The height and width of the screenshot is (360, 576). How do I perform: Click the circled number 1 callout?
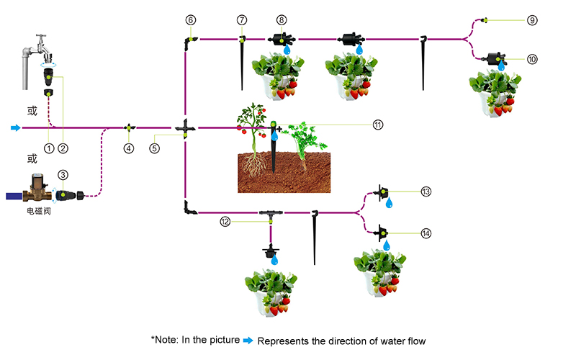click(x=48, y=148)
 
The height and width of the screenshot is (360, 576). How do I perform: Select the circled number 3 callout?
click(x=63, y=175)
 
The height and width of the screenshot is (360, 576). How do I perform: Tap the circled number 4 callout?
click(x=129, y=148)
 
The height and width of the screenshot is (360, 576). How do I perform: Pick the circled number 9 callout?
click(x=532, y=20)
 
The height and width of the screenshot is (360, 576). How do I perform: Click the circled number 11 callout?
click(x=378, y=124)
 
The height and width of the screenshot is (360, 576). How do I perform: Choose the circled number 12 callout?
click(x=226, y=222)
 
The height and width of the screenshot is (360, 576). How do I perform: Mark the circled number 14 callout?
click(x=426, y=233)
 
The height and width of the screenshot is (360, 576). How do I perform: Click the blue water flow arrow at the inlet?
click(x=15, y=128)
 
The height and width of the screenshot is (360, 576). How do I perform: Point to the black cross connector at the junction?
click(x=185, y=128)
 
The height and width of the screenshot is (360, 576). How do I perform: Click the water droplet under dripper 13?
click(x=390, y=204)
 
